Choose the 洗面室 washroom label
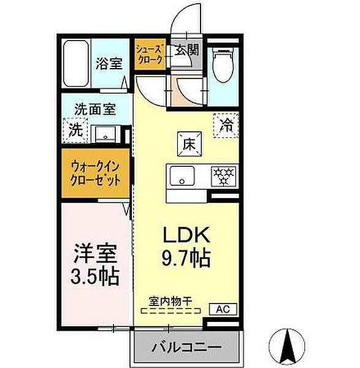pos(95,110)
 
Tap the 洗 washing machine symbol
pos(75,129)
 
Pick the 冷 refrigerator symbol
pos(226,126)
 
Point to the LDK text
pos(186,234)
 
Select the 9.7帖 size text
pos(186,257)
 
